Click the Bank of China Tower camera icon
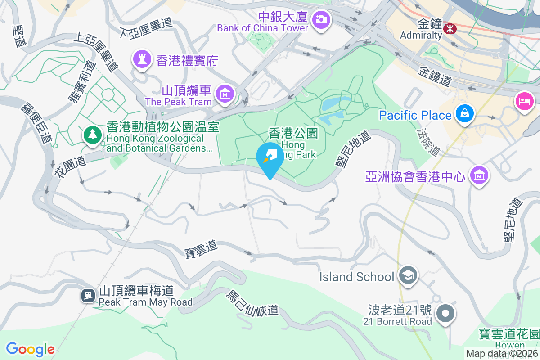point(321,19)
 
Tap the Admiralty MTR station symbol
point(449,28)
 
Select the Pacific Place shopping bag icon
point(463,115)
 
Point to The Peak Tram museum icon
point(224,94)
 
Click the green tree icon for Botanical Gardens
point(92,135)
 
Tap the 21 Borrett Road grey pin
point(445,313)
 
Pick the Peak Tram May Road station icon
point(87,295)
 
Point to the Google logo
point(30,349)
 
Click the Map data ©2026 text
point(502,354)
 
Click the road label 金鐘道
point(435,76)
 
